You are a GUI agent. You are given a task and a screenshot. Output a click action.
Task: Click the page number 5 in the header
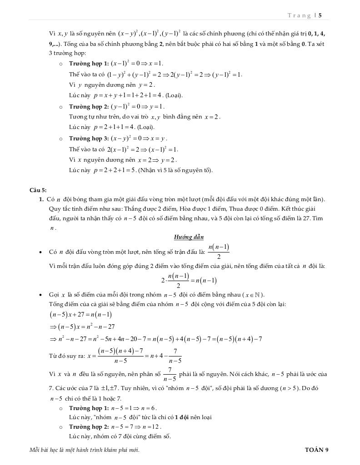[x=320, y=15]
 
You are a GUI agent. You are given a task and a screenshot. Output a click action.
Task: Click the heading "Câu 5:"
[x=38, y=190]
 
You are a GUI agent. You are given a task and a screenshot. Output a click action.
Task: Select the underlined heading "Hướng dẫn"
[x=189, y=237]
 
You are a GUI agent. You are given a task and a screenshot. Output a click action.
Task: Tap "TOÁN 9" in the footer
[x=316, y=450]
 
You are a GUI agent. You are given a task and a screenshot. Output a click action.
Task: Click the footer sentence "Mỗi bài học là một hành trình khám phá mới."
[x=84, y=450]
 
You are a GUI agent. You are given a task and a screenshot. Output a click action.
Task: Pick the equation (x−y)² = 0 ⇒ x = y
[x=139, y=139]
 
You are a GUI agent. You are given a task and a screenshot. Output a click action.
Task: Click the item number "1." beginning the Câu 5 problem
[x=41, y=199]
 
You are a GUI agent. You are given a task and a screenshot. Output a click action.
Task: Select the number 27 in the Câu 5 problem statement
[x=305, y=218]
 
